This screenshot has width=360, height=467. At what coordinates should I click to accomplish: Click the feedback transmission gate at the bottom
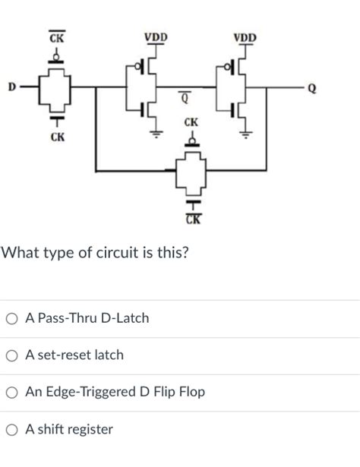tap(191, 174)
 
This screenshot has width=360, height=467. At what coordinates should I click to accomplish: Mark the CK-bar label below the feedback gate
tap(191, 220)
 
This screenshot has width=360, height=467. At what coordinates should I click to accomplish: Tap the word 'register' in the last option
tap(87, 430)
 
